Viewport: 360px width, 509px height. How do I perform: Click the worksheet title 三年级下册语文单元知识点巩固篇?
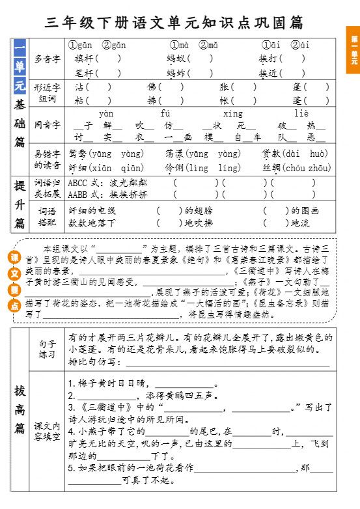coord(174,23)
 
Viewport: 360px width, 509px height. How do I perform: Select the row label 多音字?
coord(47,59)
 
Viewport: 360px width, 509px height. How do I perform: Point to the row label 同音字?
coord(47,124)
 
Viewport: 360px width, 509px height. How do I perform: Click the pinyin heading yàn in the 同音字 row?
coord(107,113)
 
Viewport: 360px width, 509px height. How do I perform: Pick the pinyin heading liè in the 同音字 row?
coord(301,113)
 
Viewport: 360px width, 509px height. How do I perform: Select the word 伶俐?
coord(174,167)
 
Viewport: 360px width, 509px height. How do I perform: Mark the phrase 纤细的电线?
coord(92,211)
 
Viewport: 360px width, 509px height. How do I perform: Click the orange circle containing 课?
coord(14,257)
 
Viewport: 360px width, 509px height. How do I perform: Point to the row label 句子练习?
coord(47,348)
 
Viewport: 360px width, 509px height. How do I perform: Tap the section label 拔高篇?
coord(20,409)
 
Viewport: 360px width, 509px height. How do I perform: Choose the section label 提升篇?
coord(20,204)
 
